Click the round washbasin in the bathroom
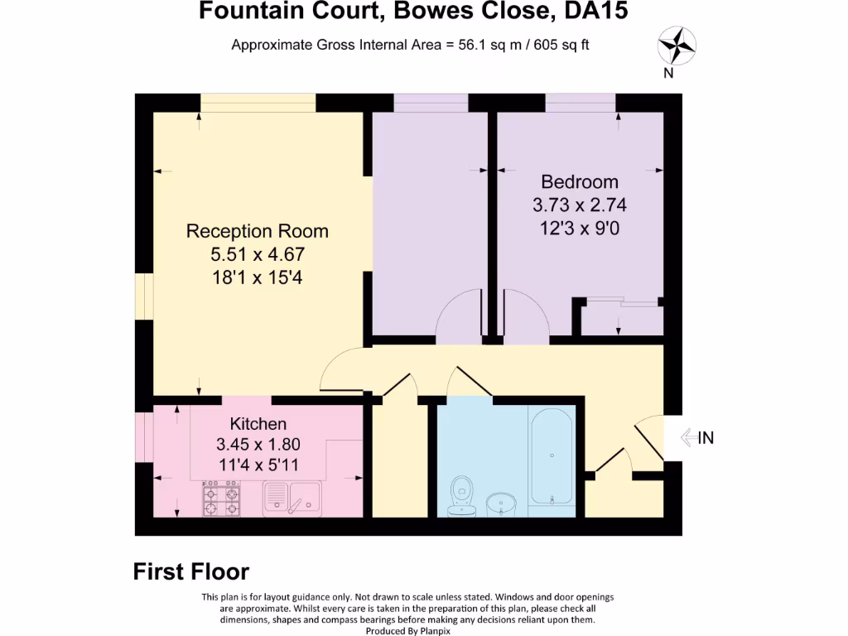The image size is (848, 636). (501, 503)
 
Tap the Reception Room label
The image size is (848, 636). (257, 231)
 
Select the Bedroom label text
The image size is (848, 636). (580, 182)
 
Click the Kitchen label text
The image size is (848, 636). (258, 424)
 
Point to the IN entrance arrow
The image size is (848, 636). (696, 438)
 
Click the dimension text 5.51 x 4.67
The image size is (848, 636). (257, 254)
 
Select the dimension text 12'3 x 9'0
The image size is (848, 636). (580, 227)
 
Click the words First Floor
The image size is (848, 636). (191, 571)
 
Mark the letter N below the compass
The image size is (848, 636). (668, 73)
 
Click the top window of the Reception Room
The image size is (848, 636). (258, 102)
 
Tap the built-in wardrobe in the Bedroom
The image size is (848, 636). (621, 318)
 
